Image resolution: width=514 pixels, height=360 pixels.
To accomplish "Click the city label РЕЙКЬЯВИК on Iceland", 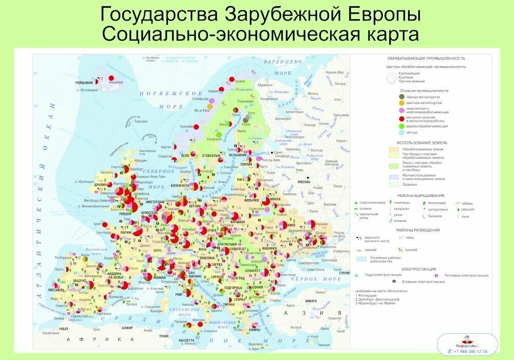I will point(84,82).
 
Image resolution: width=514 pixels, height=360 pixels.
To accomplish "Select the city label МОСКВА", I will point(305,182).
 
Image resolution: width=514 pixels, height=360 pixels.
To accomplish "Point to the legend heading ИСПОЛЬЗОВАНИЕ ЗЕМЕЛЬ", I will point(421,142).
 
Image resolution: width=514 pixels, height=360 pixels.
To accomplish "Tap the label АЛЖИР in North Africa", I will point(126,327).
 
